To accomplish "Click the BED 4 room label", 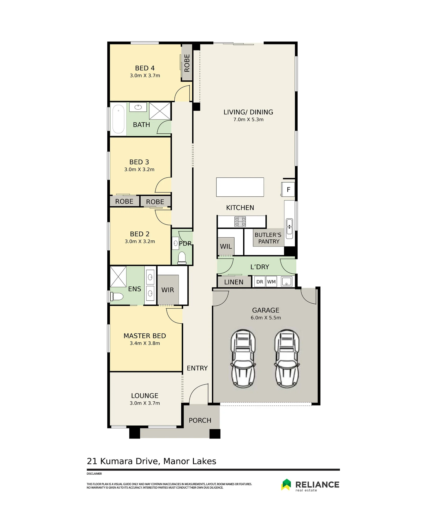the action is click(145, 68).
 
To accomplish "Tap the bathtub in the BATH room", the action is click(118, 119).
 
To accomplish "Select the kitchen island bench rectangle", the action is click(240, 187).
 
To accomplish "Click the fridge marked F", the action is click(288, 189).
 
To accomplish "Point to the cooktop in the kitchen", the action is click(240, 222).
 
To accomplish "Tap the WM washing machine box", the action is click(271, 282).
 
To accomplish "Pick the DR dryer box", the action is click(260, 282).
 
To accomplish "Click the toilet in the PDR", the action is click(182, 258).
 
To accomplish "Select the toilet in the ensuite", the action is click(117, 296).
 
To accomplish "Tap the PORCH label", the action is click(200, 420).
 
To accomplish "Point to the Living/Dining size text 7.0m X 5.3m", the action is click(248, 120).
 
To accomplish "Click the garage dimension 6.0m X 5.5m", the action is click(266, 318).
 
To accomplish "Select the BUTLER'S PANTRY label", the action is click(268, 238).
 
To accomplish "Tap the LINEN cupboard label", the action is click(234, 282).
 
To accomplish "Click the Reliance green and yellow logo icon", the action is click(286, 485).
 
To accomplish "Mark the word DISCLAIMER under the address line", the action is click(94, 474).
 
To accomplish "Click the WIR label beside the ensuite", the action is click(168, 290).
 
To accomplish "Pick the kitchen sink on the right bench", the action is click(289, 227).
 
